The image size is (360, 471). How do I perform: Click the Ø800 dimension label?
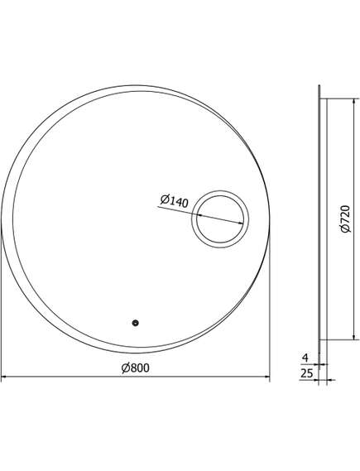(x=135, y=368)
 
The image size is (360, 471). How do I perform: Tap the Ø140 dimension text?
(x=173, y=199)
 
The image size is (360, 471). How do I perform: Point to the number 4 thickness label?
(x=306, y=358)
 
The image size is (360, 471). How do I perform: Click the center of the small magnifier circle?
(x=219, y=219)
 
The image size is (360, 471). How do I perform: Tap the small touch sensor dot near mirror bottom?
(x=135, y=324)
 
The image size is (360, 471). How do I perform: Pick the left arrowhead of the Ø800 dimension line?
(x=5, y=378)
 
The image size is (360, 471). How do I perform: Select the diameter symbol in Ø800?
(x=125, y=368)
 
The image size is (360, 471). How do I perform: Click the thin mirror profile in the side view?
(x=319, y=219)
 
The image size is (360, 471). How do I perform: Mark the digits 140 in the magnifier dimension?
(x=178, y=199)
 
